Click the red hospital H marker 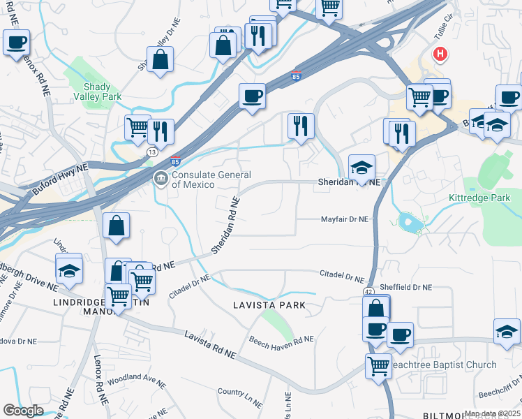pos(440,53)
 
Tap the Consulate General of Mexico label pos(202,179)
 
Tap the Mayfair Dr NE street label pos(344,219)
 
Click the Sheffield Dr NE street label pos(408,287)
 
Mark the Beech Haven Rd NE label pos(282,339)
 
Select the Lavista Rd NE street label pos(210,346)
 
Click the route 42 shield pos(367,290)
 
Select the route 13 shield pos(151,151)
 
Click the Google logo pos(23,411)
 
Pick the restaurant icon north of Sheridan pos(301,126)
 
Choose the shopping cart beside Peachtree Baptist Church pos(378,365)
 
